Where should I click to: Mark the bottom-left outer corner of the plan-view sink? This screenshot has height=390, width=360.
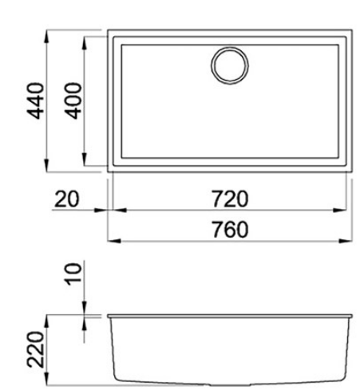[108, 170]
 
